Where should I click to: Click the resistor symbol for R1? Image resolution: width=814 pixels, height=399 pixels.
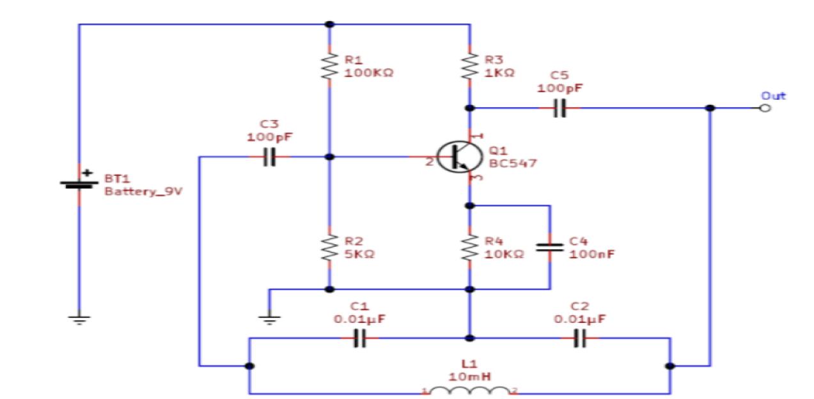pos(329,66)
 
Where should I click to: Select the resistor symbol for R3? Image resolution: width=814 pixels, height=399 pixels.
pos(470,66)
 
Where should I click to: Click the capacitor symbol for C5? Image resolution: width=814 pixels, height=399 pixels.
pos(560,109)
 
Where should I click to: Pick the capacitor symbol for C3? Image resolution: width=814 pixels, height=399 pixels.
pos(270,157)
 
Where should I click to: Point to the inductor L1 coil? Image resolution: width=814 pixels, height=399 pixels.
pos(470,389)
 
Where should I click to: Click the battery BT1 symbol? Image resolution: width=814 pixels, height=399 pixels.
pos(78,184)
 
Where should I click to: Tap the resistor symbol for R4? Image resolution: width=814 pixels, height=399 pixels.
pos(470,247)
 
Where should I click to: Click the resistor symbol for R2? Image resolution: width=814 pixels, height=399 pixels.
pos(329,247)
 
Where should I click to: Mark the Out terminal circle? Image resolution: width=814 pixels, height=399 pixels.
pos(765,109)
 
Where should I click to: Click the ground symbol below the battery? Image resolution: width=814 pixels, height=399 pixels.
pos(78,320)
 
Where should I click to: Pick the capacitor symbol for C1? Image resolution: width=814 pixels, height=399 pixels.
pos(359,338)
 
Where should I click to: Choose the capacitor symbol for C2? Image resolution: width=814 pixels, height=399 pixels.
pos(579,338)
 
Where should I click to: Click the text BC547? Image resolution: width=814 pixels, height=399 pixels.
pos(513,164)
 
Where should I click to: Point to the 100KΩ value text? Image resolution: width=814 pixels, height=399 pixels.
pos(368,73)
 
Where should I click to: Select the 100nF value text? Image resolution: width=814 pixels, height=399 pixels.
pos(591,254)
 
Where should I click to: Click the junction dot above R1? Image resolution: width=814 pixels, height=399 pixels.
pos(329,24)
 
